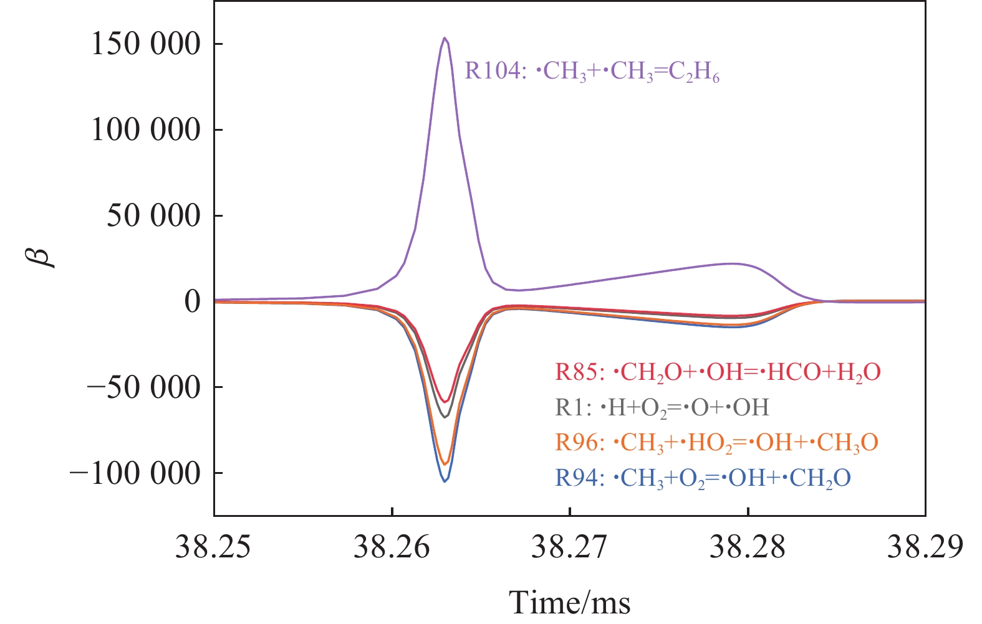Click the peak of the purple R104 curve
pos(445,38)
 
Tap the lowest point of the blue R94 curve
pos(445,481)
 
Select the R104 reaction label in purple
pos(592,72)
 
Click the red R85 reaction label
pos(718,372)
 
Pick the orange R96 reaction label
pos(716,443)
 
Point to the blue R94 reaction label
pos(703,478)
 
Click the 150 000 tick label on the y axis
pos(146,44)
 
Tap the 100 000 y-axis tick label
pos(146,130)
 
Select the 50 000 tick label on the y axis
pos(154,216)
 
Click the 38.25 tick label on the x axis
pos(213,547)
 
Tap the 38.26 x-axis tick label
pos(392,547)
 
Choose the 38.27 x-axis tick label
pos(569,547)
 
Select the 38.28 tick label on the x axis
pos(748,547)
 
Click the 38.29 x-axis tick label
pos(925,547)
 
